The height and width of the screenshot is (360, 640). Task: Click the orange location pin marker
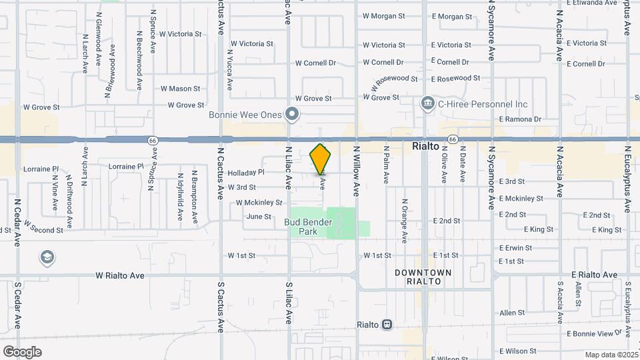click(321, 159)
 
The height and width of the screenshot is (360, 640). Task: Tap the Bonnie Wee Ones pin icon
click(292, 115)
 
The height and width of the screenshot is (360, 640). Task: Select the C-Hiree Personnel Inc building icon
click(427, 104)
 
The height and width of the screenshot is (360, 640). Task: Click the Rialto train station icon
click(386, 325)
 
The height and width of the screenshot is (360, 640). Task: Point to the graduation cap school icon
click(47, 257)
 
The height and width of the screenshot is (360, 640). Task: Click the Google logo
click(22, 351)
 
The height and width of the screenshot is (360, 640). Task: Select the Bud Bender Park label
click(308, 227)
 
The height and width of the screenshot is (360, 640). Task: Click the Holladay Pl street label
click(246, 173)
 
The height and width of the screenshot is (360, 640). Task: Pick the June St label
click(259, 217)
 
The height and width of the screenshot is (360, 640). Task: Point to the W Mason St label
click(180, 88)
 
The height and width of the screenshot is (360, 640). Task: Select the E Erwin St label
click(515, 248)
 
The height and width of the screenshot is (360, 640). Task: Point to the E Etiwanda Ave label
click(591, 3)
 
